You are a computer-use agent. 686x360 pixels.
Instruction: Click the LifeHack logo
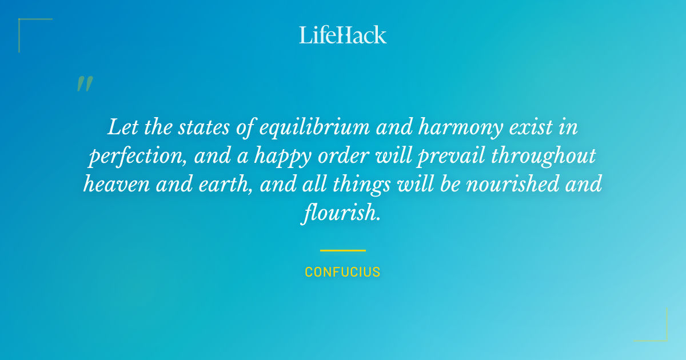click(343, 35)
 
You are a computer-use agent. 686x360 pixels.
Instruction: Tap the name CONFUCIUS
click(343, 272)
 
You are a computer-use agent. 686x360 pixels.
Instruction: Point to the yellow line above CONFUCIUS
click(343, 250)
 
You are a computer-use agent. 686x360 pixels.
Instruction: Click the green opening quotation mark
click(84, 84)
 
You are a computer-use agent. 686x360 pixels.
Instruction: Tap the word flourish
click(341, 214)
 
